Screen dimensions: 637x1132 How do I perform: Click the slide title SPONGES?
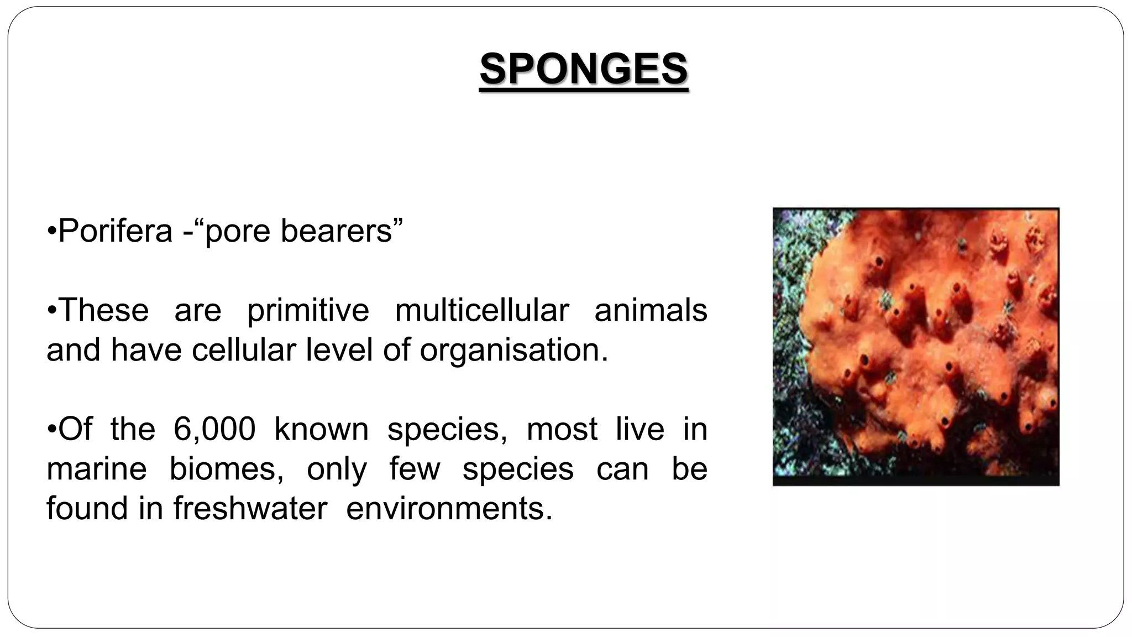(584, 70)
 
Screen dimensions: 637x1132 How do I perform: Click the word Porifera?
(115, 231)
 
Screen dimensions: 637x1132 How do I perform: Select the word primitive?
(308, 310)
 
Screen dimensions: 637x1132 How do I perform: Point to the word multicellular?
(482, 310)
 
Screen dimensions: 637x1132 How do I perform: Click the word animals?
(651, 310)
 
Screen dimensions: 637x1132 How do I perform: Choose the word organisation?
(514, 350)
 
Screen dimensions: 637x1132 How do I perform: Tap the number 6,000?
(214, 429)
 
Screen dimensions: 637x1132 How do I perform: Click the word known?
(321, 429)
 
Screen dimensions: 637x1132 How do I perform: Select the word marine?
(97, 469)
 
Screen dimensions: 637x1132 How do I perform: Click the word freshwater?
(250, 509)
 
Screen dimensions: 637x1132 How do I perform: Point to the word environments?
(449, 509)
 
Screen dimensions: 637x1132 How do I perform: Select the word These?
(103, 310)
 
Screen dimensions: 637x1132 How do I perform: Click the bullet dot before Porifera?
(51, 232)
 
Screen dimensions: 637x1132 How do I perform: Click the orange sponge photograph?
(916, 347)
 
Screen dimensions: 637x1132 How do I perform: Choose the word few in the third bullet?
(415, 469)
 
